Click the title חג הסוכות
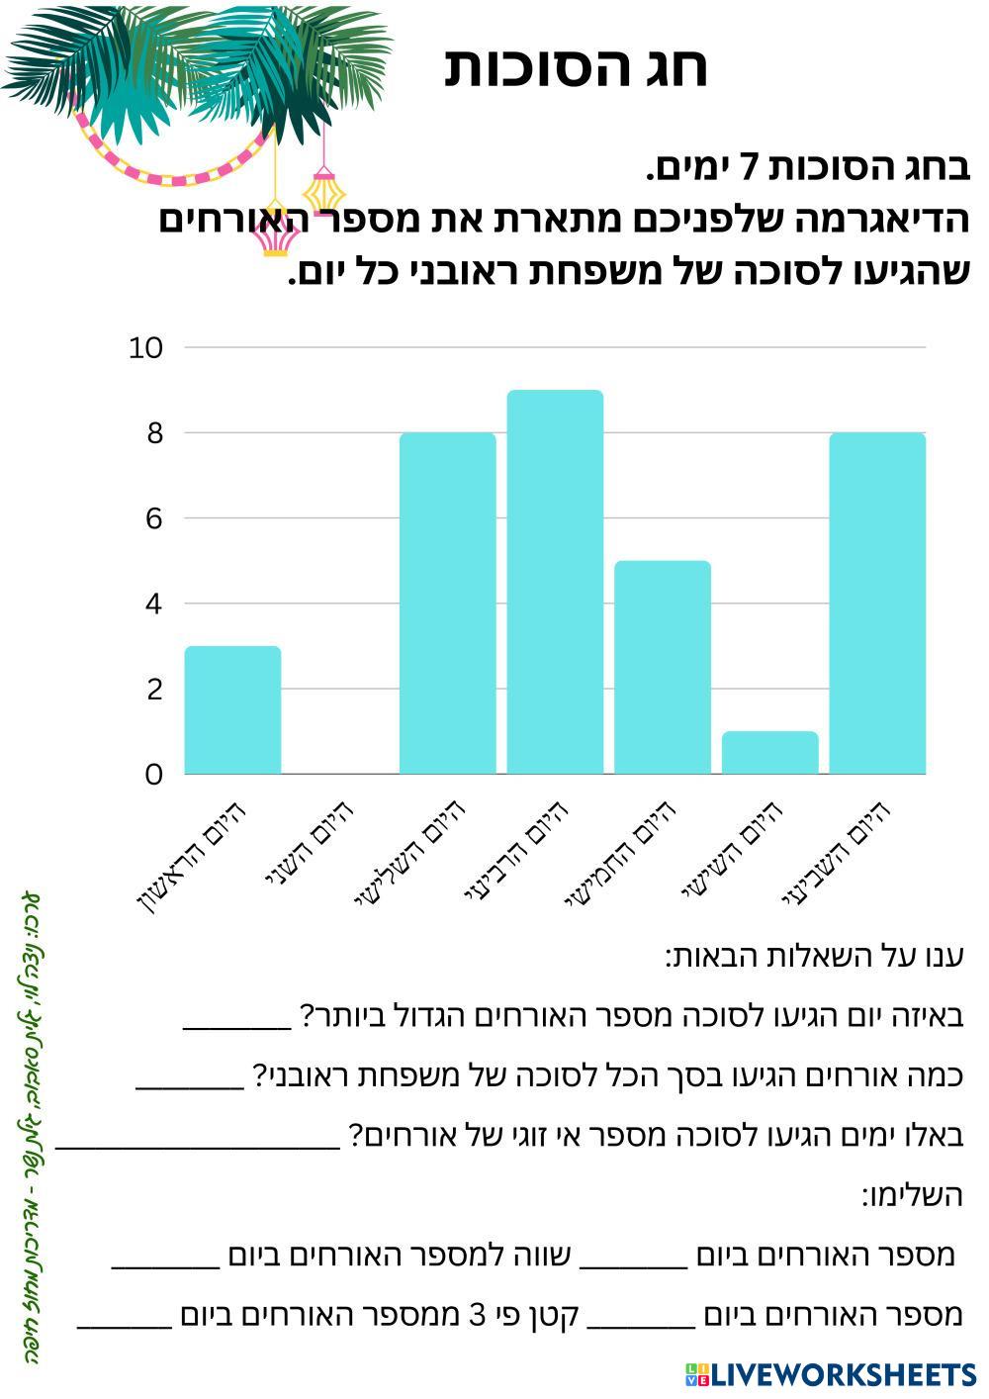(x=576, y=67)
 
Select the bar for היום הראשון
(x=233, y=709)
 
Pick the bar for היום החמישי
(x=663, y=667)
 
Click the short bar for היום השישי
(x=769, y=753)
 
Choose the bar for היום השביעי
(x=877, y=604)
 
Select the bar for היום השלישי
(x=447, y=604)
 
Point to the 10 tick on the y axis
(x=145, y=347)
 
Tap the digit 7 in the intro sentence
(x=750, y=170)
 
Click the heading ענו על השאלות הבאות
(x=814, y=957)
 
